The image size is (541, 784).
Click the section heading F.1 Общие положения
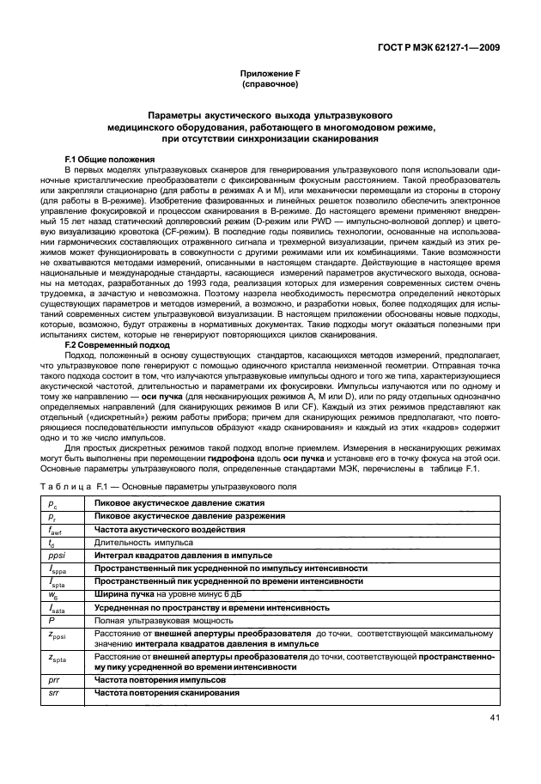coord(109,160)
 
